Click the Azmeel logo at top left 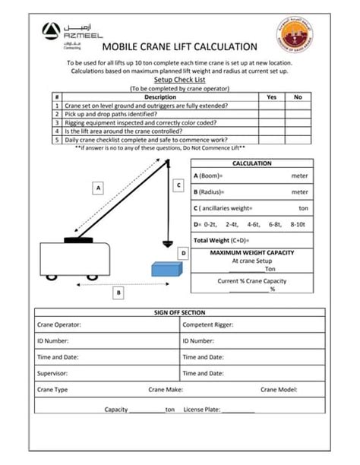(60, 34)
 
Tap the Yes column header (271, 97)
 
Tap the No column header (298, 97)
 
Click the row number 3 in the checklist (57, 122)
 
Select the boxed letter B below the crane (118, 291)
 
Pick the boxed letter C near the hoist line (178, 185)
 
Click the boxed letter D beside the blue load (182, 252)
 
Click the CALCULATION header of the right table (251, 163)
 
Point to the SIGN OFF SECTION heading (179, 313)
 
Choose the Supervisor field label (52, 373)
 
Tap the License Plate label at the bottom (200, 410)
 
